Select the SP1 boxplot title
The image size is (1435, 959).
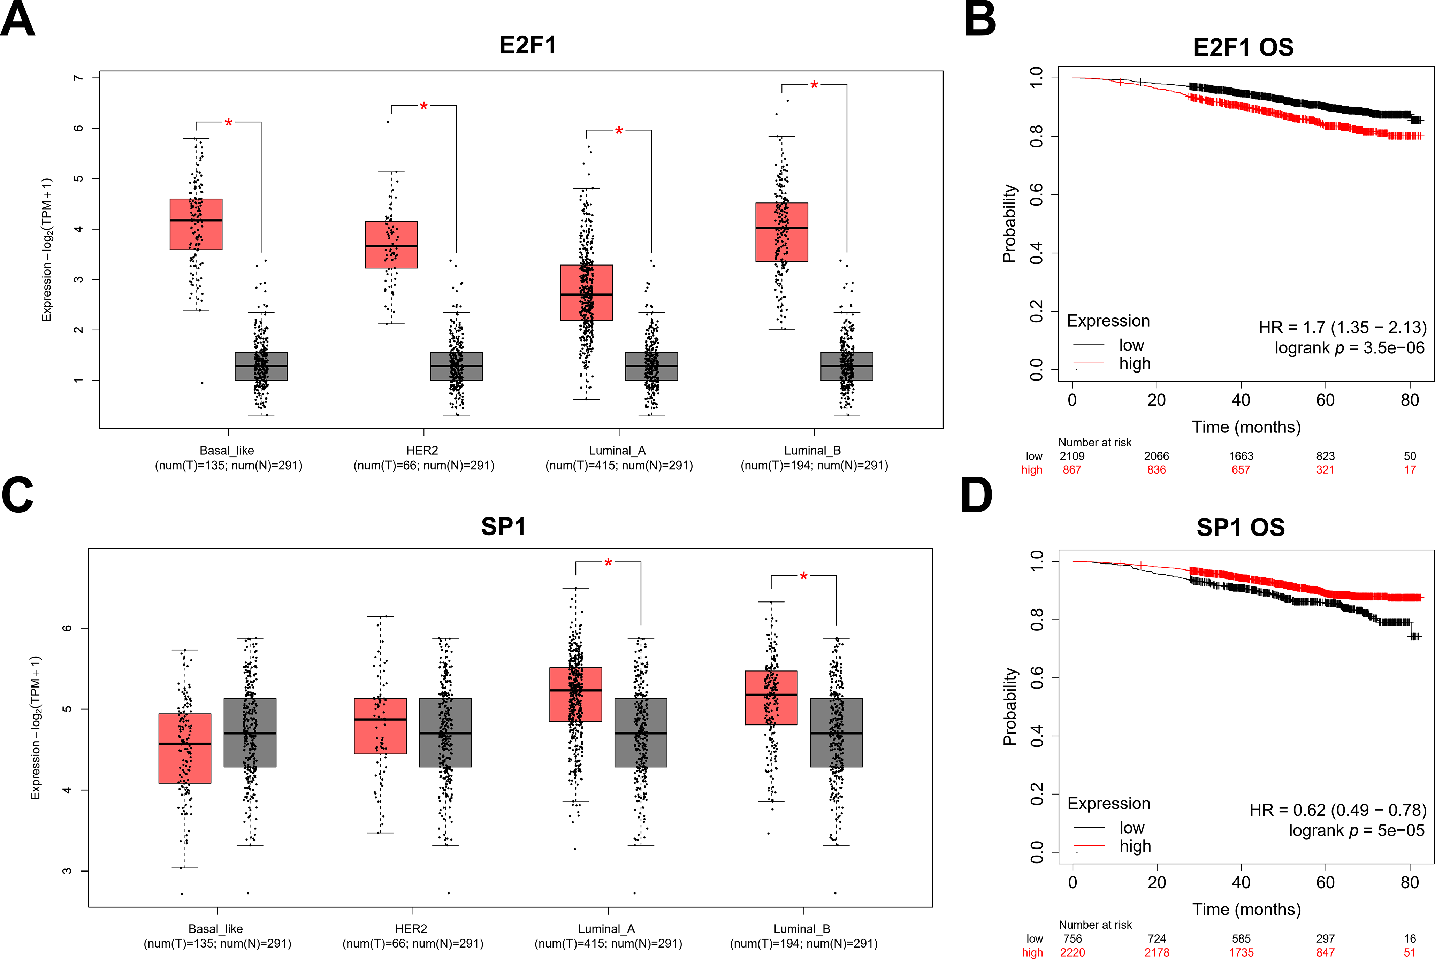[503, 527]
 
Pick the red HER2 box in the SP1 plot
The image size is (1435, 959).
[381, 726]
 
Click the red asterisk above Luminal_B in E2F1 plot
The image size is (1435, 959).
[814, 86]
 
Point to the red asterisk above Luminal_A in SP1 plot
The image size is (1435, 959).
[608, 563]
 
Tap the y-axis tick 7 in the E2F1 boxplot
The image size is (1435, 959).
[78, 78]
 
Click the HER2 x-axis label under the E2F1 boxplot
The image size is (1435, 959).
[422, 450]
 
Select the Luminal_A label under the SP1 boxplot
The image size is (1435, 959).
[607, 928]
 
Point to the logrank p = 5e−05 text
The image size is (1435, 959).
[1356, 830]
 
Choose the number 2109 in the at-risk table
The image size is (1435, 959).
[1072, 456]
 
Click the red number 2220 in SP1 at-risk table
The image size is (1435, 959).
[1072, 952]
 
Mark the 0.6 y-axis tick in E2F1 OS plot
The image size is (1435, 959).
[1036, 194]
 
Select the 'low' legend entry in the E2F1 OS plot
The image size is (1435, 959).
[1131, 345]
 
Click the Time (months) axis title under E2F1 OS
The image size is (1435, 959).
[1246, 427]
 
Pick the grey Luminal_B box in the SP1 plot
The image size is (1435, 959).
[836, 733]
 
